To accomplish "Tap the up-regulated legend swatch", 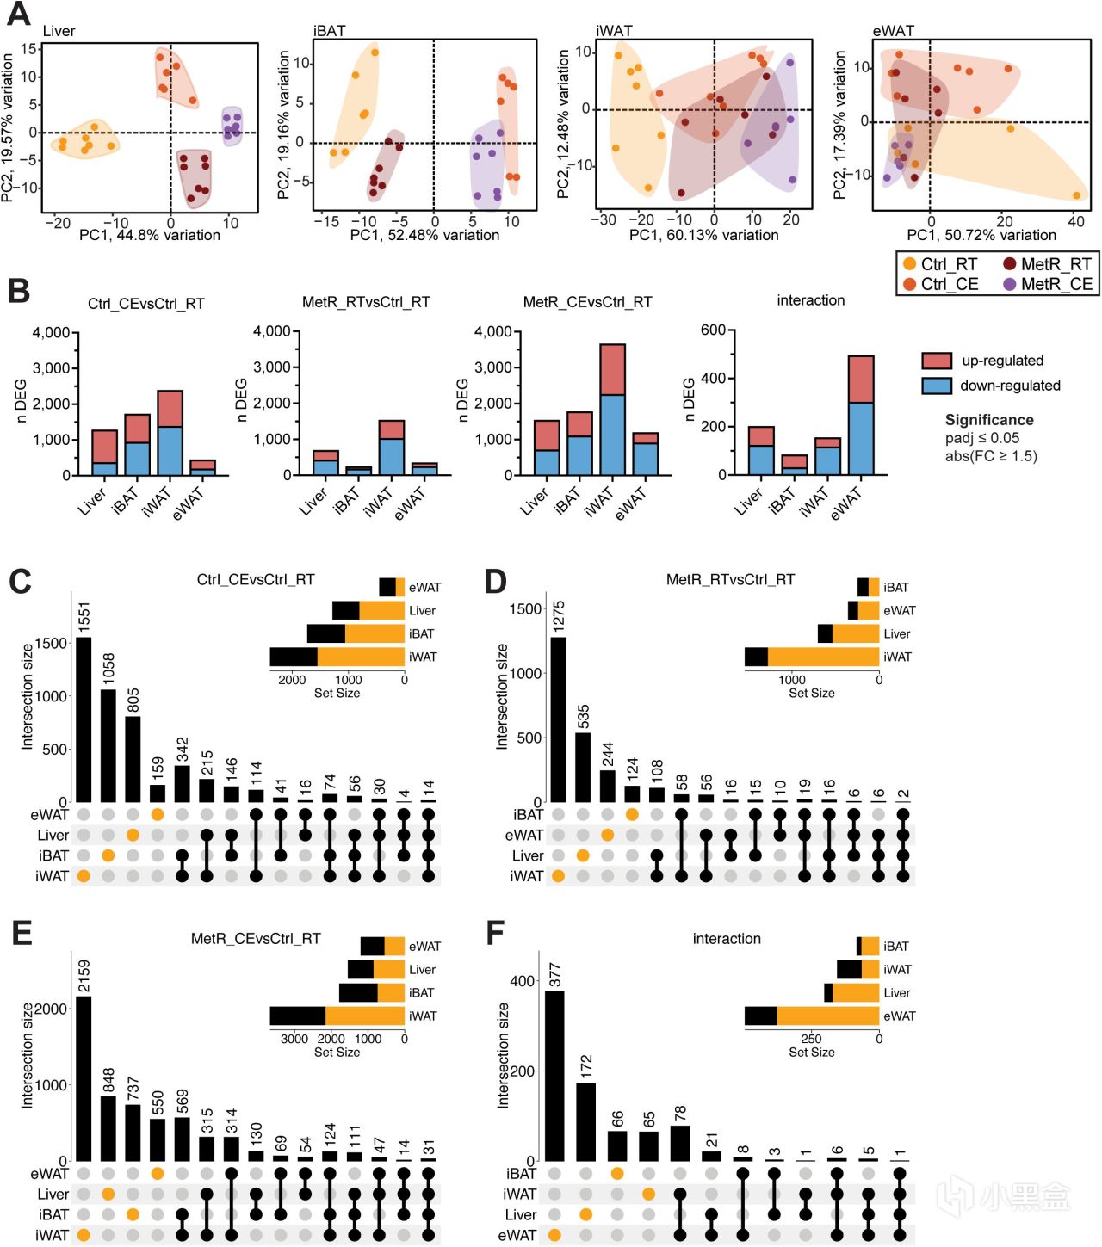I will click(936, 361).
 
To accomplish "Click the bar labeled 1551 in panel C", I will click(84, 719).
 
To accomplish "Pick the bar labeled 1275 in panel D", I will click(558, 719).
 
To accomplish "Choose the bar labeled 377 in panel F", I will click(554, 1076).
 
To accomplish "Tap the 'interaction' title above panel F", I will click(727, 939).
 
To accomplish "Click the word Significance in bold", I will click(989, 420).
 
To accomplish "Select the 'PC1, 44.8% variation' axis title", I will click(150, 235).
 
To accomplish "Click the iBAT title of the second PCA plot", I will click(330, 31).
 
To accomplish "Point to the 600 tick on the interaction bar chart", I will click(713, 330).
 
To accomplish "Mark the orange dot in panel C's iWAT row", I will click(84, 876).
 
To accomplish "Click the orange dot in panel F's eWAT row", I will click(554, 1235).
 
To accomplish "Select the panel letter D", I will click(495, 582).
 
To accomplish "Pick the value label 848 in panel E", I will click(108, 1082).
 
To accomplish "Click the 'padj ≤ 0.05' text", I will click(981, 438).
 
